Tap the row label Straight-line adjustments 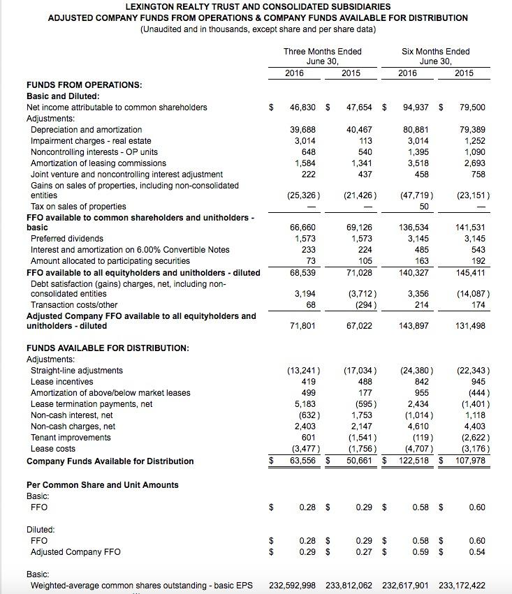[x=77, y=371]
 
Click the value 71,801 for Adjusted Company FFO [x=302, y=326]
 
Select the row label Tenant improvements [x=71, y=438]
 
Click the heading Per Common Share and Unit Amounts [x=102, y=485]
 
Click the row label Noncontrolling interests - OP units [x=94, y=152]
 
